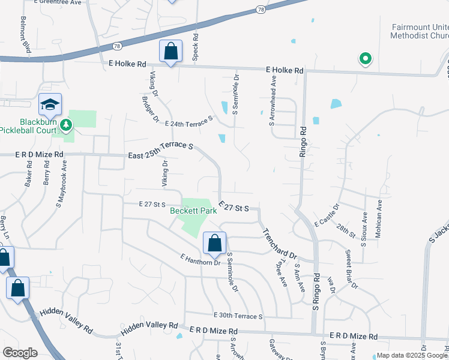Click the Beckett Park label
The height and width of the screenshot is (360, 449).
[x=193, y=211]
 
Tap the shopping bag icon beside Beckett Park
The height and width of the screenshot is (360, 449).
[x=214, y=243]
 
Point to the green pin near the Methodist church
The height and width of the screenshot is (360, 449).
[x=364, y=59]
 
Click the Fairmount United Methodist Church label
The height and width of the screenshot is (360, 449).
[x=420, y=32]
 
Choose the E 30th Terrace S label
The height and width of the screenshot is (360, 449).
[x=238, y=316]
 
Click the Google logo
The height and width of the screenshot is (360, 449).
[x=20, y=352]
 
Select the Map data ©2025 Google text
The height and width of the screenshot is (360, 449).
[x=411, y=355]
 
